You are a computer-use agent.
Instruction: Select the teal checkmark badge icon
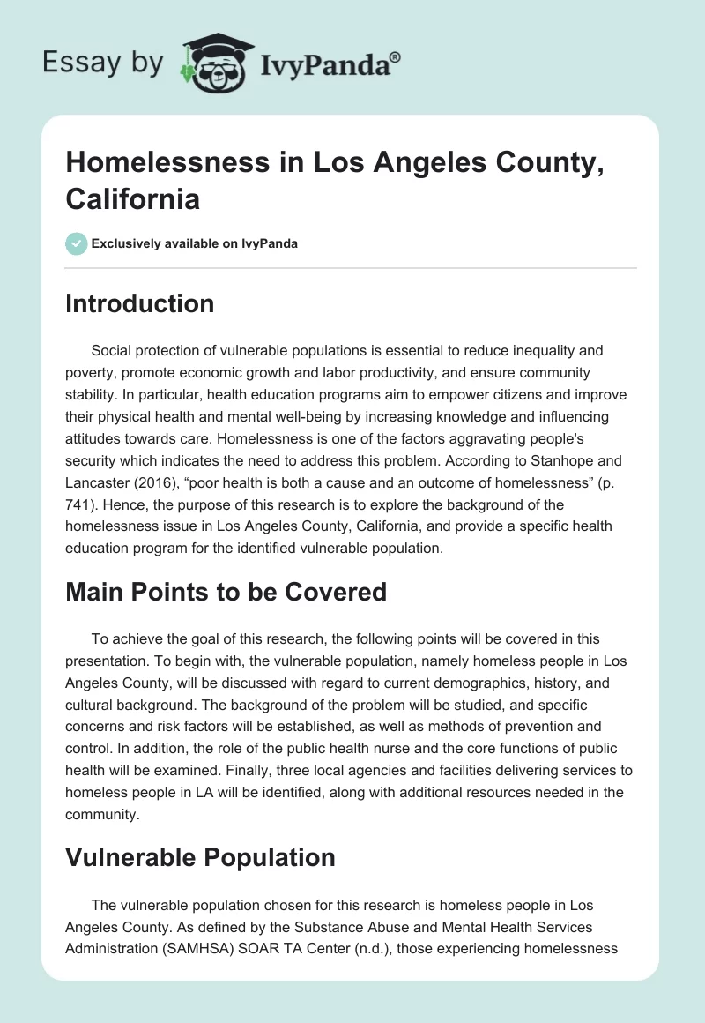tap(77, 243)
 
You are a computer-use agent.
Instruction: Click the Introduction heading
tap(139, 303)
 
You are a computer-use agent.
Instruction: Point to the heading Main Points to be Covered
tap(226, 591)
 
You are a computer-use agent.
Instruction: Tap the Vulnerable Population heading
tap(200, 857)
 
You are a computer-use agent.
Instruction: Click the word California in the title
tap(132, 198)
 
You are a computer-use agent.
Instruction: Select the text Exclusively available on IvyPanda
tap(195, 243)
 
